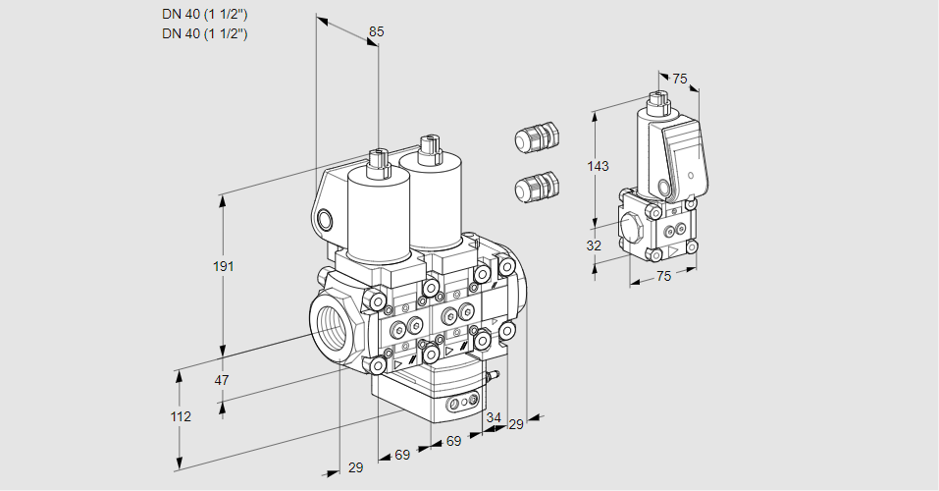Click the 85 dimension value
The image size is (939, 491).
point(376,31)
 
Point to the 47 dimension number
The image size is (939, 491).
point(222,380)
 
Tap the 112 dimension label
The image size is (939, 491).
point(181,416)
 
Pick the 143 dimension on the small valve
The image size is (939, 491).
point(598,166)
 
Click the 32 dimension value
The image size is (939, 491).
point(594,245)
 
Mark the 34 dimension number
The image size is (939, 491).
point(493,417)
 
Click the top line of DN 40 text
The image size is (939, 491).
point(204,14)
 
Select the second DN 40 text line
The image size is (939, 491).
point(204,33)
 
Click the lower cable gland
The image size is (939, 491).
point(537,186)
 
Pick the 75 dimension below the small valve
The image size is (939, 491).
point(663,276)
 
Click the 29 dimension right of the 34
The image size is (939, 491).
point(516,424)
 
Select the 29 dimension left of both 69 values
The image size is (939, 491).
point(355,467)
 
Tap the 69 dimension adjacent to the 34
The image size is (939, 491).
point(453,441)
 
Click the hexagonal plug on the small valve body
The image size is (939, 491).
point(631,227)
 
